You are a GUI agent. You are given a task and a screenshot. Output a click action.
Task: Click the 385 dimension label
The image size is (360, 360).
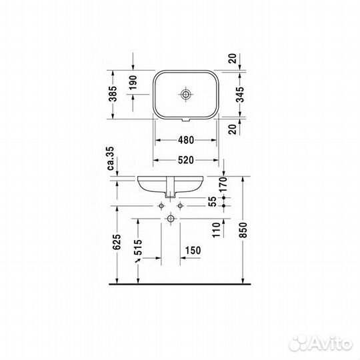coord(113,94)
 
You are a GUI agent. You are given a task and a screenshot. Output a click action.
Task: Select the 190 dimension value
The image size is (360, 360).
coord(133,83)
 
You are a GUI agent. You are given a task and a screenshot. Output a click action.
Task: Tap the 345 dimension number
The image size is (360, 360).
coord(241,95)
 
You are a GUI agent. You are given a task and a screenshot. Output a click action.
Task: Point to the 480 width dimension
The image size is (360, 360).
coord(186,140)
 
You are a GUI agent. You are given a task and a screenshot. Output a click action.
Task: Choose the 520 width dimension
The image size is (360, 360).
coord(186,160)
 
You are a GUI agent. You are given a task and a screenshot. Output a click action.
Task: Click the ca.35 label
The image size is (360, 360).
coord(111,158)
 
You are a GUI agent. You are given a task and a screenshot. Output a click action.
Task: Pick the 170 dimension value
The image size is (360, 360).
coord(223,185)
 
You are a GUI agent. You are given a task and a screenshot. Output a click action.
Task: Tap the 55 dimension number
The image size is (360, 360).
coord(213,201)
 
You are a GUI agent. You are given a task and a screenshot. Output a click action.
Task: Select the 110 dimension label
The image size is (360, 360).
coord(216,230)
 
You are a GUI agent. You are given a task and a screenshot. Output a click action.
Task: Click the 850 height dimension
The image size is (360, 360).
coord(243,230)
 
